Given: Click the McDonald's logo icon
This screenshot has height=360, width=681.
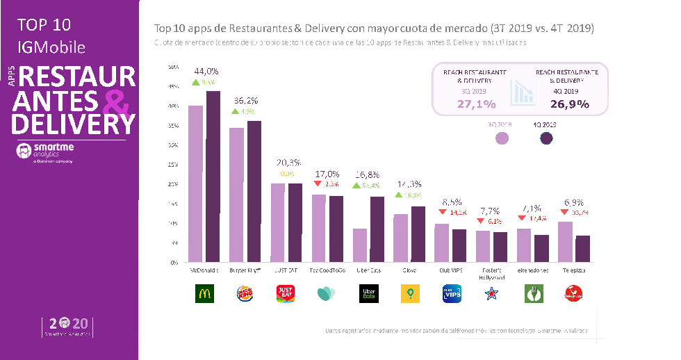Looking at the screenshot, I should pos(204,294).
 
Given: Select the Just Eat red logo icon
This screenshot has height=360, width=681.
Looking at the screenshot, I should pos(285,294).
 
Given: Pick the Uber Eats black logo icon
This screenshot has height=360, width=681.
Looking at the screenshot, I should pos(367,294).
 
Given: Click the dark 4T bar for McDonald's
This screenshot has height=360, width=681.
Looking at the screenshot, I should pos(213,177).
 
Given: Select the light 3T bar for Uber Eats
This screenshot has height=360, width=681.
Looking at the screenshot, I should pos(360,245).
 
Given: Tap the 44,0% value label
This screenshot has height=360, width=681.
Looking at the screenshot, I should pos(206,72).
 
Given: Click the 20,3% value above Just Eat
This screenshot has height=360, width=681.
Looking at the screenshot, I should pos(287,163).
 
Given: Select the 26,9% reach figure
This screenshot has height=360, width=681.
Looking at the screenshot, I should pos(570,104).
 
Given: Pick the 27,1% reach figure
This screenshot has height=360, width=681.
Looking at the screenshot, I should pos(476,104).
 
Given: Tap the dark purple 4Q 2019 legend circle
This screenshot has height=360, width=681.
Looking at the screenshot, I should pos(547,137).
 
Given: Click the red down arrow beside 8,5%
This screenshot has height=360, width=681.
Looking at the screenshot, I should pos(442,212).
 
